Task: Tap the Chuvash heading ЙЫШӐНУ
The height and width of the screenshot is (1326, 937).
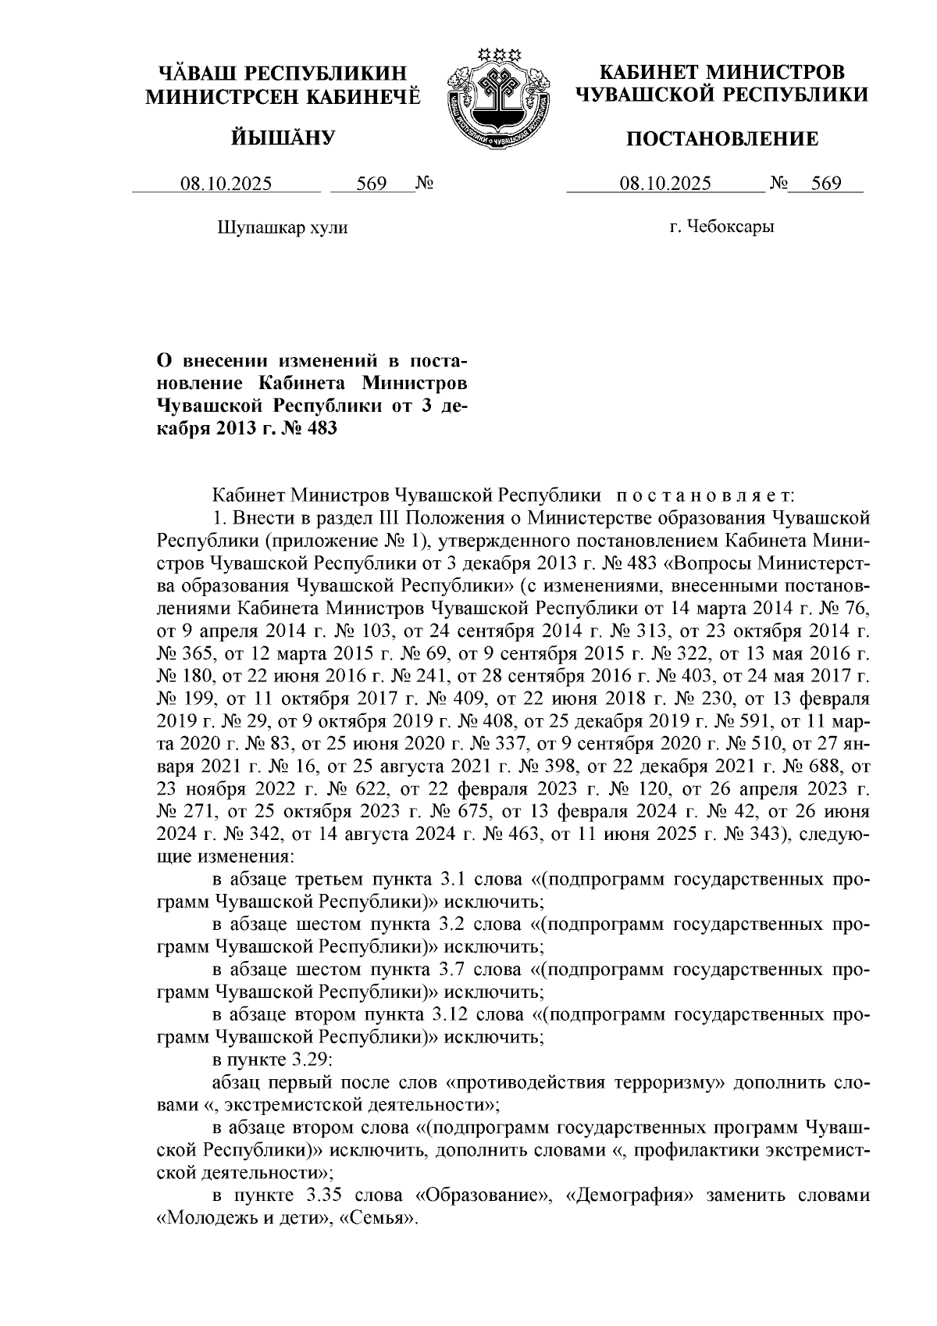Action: click(x=283, y=139)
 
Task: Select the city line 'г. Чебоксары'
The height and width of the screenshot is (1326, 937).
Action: click(x=721, y=227)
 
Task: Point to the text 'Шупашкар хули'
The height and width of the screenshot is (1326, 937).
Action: click(x=281, y=227)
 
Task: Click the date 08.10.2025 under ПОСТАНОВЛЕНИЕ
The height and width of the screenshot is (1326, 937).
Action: click(x=665, y=184)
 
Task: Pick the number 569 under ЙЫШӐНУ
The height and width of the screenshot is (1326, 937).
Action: click(x=372, y=184)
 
